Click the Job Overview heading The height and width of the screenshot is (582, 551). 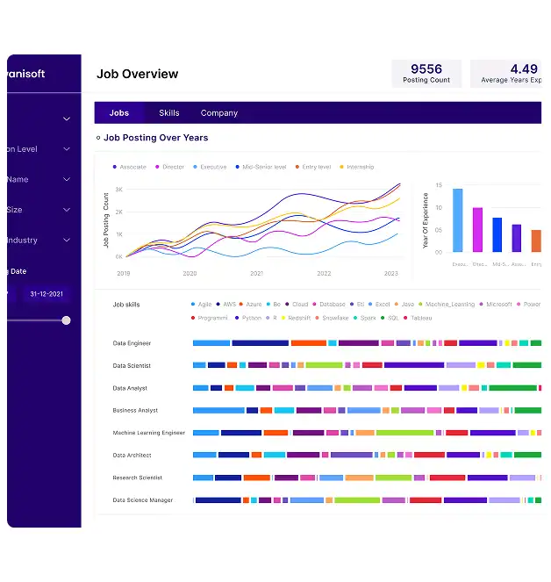pyautogui.click(x=137, y=75)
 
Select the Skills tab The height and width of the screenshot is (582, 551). pyautogui.click(x=169, y=113)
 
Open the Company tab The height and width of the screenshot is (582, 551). pyautogui.click(x=219, y=113)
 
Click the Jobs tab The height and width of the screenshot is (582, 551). pyautogui.click(x=119, y=113)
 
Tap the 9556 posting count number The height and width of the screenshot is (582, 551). pyautogui.click(x=426, y=69)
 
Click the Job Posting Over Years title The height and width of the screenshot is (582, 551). pyautogui.click(x=155, y=138)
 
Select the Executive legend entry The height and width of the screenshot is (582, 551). pyautogui.click(x=212, y=167)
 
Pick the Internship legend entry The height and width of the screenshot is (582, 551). pyautogui.click(x=360, y=167)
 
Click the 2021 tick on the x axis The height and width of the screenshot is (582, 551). pyautogui.click(x=256, y=274)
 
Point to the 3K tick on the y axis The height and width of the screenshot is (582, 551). pyautogui.click(x=118, y=190)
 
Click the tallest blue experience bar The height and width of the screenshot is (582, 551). pyautogui.click(x=457, y=219)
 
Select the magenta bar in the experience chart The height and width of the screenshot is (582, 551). pyautogui.click(x=477, y=229)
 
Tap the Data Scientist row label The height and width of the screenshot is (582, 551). pyautogui.click(x=132, y=366)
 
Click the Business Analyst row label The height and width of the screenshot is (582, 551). pyautogui.click(x=135, y=411)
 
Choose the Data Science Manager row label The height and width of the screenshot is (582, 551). pyautogui.click(x=143, y=500)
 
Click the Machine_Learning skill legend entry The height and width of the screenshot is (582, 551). pyautogui.click(x=449, y=305)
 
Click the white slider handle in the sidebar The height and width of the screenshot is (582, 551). pyautogui.click(x=66, y=320)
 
